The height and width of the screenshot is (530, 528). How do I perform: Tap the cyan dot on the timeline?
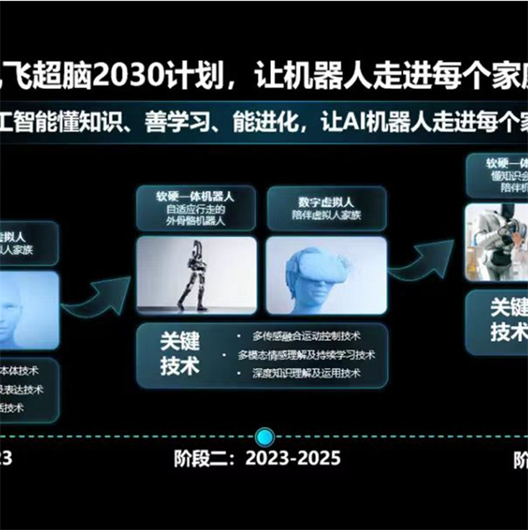tap(265, 436)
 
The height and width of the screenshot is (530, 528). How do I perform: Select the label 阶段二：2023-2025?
tap(257, 459)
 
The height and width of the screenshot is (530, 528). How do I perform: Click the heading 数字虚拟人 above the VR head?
tap(326, 202)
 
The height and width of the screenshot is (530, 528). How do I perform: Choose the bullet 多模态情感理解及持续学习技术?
tap(306, 355)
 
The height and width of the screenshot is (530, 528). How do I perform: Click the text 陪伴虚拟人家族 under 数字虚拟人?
tap(326, 215)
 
